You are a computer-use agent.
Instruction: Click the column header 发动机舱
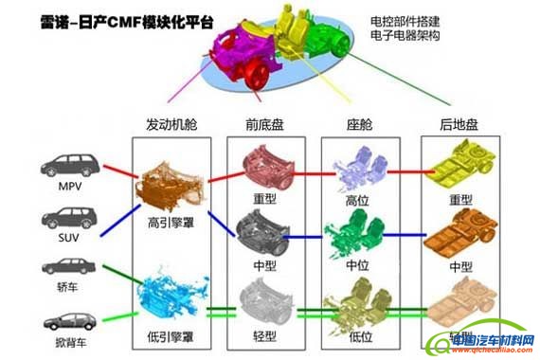pos(171,125)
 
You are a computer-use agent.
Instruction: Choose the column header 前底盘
pos(265,125)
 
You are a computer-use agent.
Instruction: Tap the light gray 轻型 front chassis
pos(265,294)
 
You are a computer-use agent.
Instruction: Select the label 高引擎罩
pos(171,224)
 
